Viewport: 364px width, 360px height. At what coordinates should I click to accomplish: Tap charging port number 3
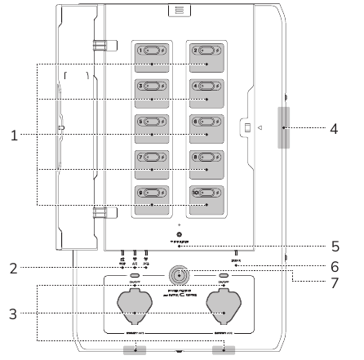click(x=152, y=90)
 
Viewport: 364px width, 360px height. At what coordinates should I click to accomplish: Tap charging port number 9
click(x=152, y=197)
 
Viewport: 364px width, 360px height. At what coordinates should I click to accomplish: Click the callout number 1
click(x=14, y=136)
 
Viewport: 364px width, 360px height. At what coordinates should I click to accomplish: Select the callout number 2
click(x=14, y=267)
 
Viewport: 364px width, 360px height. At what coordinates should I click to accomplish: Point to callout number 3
click(x=14, y=312)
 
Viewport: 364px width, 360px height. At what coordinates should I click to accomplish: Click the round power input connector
click(x=177, y=274)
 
